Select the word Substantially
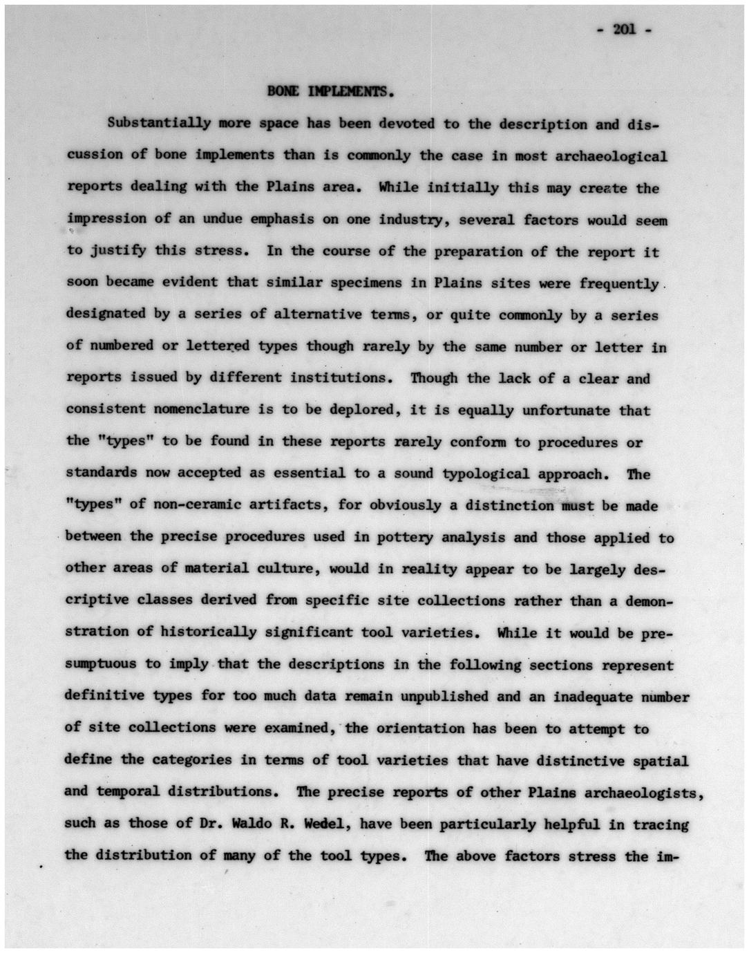tap(158, 124)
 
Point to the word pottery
tap(405, 538)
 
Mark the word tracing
tap(661, 824)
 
